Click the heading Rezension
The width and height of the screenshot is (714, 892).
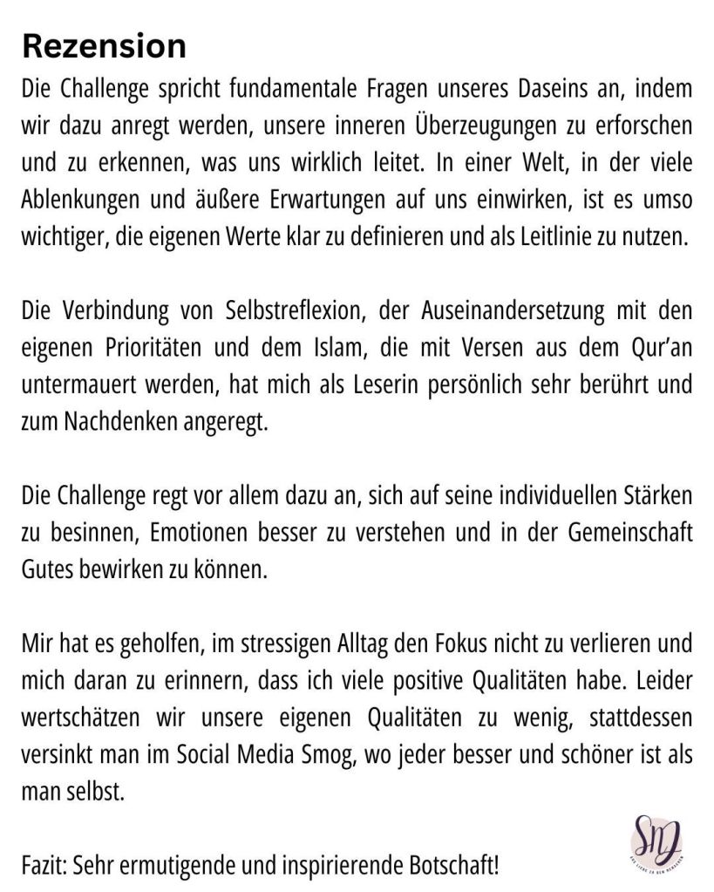click(104, 45)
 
